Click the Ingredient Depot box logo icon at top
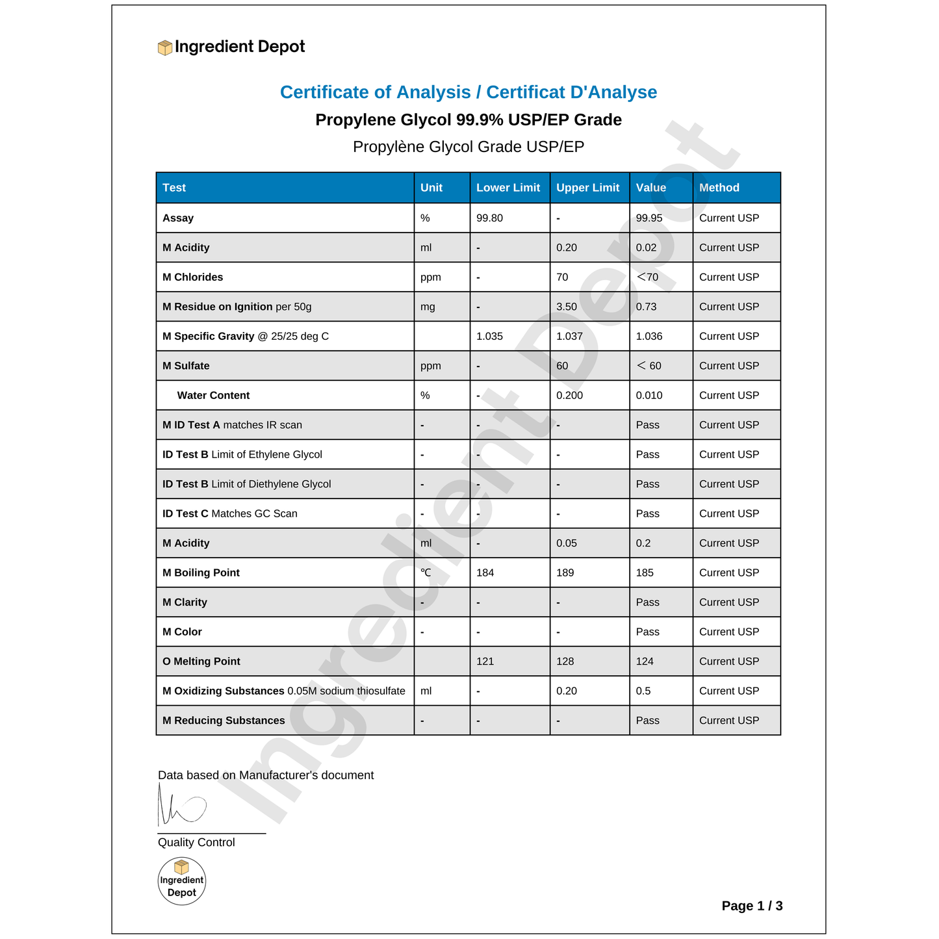click(165, 47)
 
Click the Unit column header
click(431, 188)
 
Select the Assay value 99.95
click(649, 218)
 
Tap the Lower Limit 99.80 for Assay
click(489, 218)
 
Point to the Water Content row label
click(213, 396)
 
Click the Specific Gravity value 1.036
click(649, 337)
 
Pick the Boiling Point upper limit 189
click(565, 573)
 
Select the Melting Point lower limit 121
click(485, 662)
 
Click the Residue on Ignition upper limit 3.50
click(567, 307)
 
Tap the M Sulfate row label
click(186, 366)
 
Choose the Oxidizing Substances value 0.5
click(643, 691)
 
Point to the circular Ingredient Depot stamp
click(182, 881)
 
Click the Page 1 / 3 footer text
click(752, 906)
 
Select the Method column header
click(719, 188)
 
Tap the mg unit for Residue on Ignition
click(428, 307)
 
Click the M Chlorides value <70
click(647, 277)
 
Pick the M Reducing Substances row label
click(224, 721)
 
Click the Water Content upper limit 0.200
click(569, 396)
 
